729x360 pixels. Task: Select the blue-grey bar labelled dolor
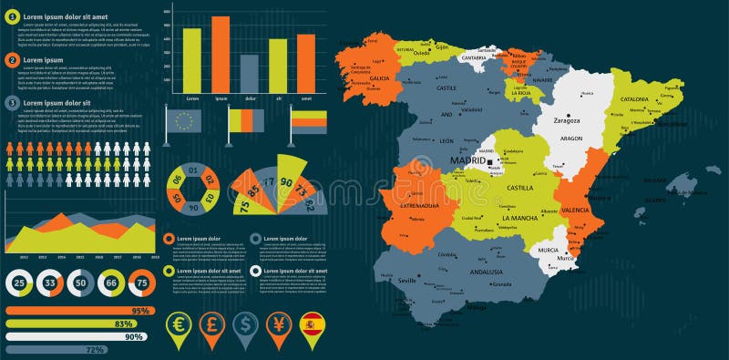coord(249,72)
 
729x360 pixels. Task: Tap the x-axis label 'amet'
coord(306,98)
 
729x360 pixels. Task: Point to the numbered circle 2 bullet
coord(12,60)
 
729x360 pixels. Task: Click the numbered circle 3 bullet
coord(12,103)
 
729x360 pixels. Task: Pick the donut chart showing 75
coord(140,284)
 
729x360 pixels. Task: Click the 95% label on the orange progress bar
coord(139,311)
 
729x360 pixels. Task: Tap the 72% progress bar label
coord(94,349)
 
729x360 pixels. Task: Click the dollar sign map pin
coord(244,324)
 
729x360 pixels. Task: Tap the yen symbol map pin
coord(278,324)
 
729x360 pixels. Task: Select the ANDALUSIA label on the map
coord(486,272)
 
